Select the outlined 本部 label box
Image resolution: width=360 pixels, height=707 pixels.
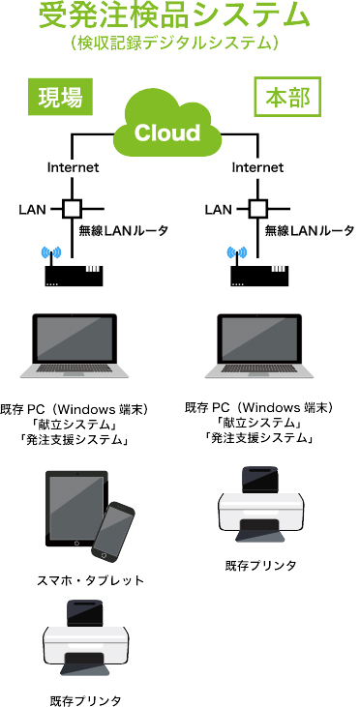(287, 96)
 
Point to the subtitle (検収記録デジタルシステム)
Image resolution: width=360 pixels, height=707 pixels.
(174, 43)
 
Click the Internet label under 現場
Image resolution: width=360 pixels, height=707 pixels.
(74, 167)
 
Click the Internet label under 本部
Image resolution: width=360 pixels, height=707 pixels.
(257, 167)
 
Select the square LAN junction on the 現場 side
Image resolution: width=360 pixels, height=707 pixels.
(72, 209)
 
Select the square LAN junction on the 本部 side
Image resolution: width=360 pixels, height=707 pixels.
(257, 209)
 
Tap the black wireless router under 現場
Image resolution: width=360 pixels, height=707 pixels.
(74, 276)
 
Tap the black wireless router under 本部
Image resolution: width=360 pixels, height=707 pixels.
(259, 276)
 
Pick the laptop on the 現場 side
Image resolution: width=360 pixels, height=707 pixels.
(74, 345)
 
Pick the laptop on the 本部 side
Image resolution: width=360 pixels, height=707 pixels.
(259, 345)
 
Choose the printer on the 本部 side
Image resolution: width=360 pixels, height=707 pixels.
(260, 504)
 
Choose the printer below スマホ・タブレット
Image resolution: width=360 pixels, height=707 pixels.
(86, 638)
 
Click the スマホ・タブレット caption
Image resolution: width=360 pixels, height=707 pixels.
(90, 580)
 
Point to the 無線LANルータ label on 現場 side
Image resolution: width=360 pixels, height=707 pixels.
(123, 231)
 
